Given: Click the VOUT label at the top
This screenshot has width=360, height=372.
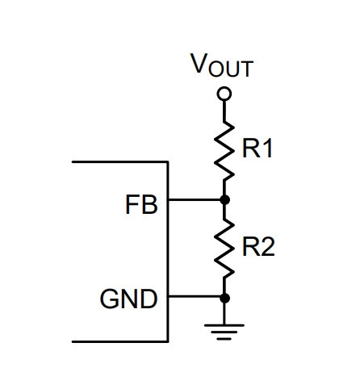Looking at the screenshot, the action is [x=222, y=65].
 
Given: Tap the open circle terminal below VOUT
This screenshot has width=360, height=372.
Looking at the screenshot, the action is [x=224, y=94].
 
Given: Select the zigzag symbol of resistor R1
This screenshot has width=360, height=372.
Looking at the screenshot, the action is [x=224, y=152].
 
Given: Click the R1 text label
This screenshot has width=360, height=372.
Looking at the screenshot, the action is [x=257, y=148].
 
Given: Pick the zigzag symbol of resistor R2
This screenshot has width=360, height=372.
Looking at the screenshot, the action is [x=224, y=249].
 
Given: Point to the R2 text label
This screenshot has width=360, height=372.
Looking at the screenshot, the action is [x=258, y=246].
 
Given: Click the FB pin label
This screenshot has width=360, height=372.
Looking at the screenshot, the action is [x=141, y=205].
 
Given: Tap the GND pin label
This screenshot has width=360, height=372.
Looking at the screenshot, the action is [x=128, y=299].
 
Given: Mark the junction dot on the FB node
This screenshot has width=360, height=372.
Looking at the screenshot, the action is [x=224, y=200].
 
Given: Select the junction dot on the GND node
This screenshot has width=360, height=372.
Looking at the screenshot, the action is [x=224, y=299].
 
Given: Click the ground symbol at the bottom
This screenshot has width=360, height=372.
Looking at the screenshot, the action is [x=224, y=332].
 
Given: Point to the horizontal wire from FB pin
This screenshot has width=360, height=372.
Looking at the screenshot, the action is [x=195, y=200].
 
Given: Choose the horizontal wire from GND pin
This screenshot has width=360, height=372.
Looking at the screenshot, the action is [x=195, y=296].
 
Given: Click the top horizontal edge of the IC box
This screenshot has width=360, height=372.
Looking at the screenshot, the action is [x=120, y=162].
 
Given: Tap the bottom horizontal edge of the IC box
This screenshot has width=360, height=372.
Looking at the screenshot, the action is [x=120, y=341].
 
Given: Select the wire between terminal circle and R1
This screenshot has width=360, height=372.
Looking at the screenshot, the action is [x=224, y=111].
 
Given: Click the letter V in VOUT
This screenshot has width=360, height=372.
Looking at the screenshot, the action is [x=199, y=63].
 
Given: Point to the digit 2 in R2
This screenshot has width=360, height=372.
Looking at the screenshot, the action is [x=267, y=246].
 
